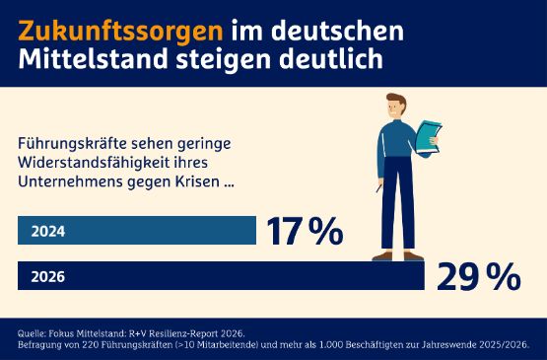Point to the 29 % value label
(x=478, y=277)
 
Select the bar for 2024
(x=138, y=231)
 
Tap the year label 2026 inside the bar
(x=48, y=277)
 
